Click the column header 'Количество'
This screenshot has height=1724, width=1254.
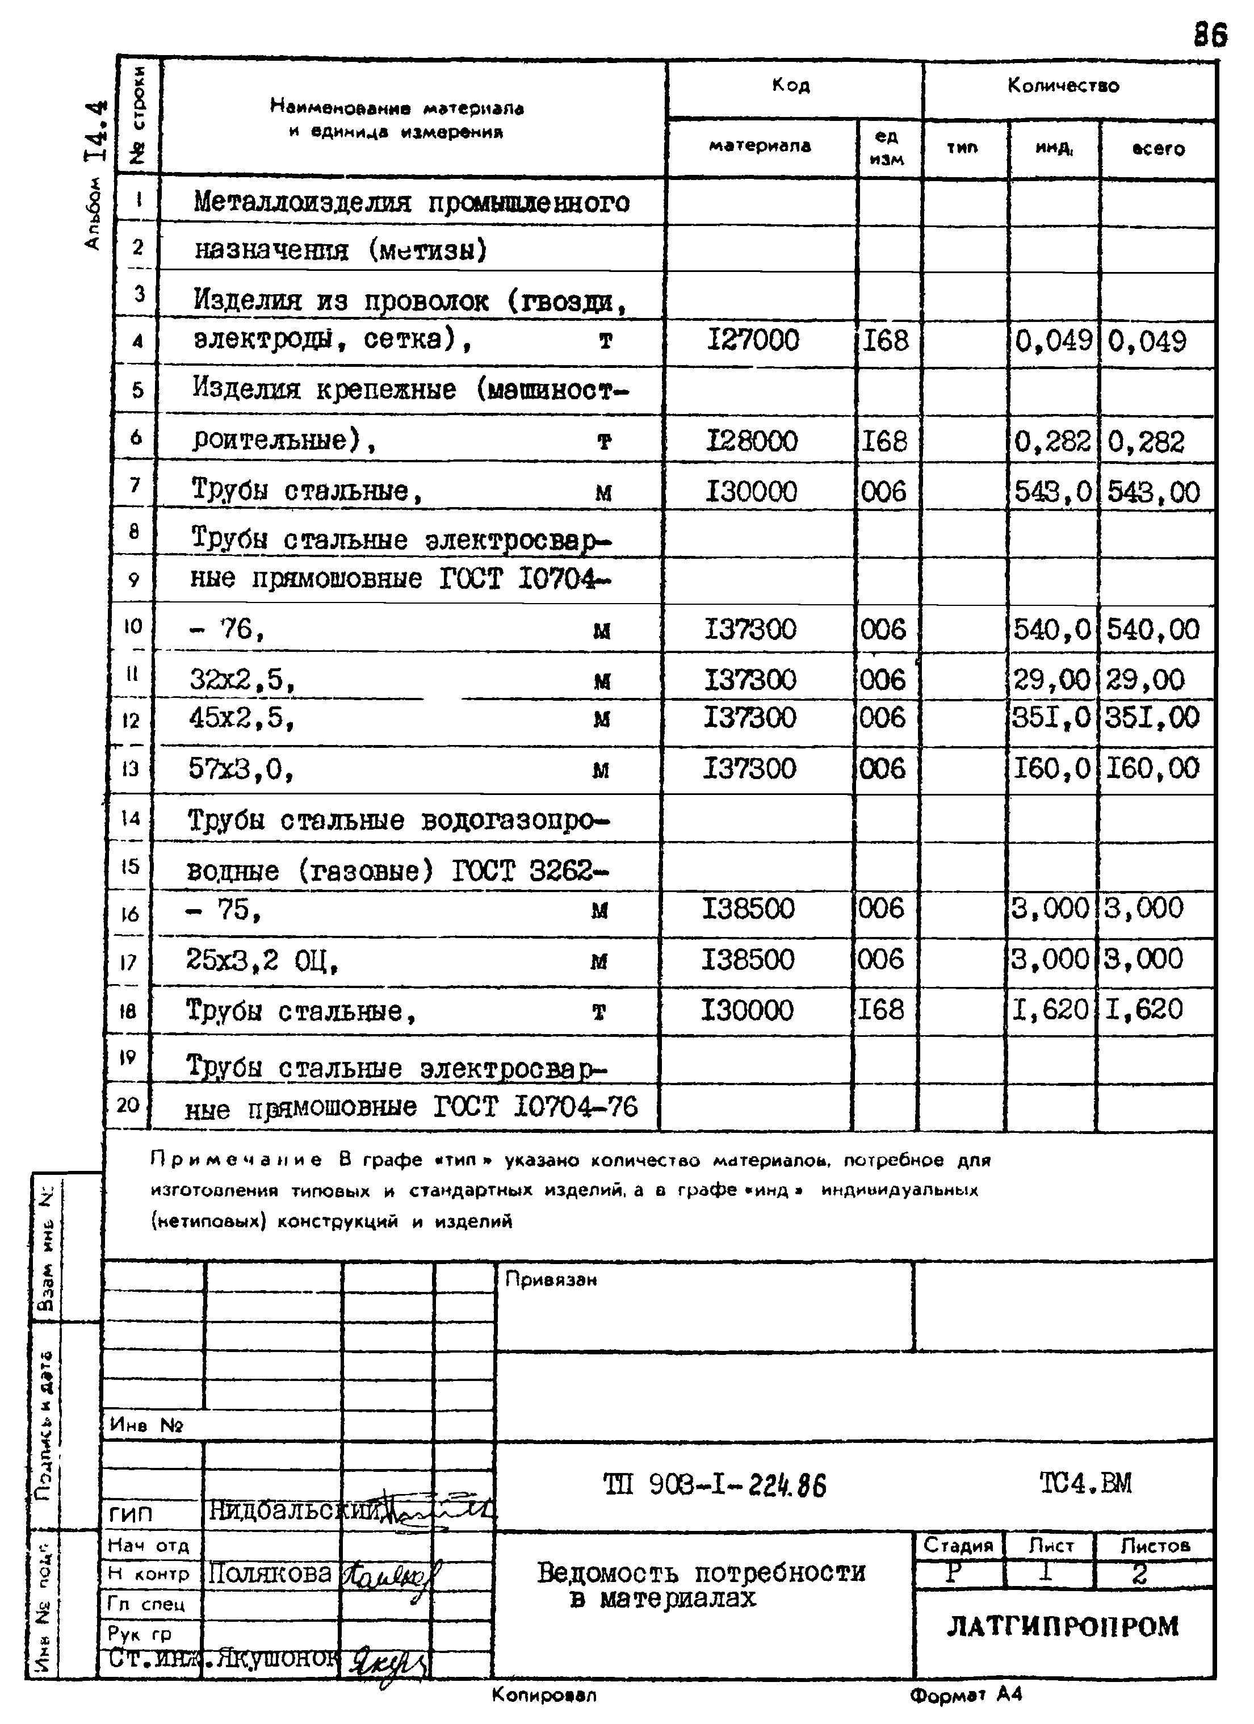pyautogui.click(x=1063, y=86)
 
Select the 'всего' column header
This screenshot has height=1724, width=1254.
pyautogui.click(x=1157, y=149)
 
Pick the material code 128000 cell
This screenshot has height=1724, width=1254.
pyautogui.click(x=752, y=441)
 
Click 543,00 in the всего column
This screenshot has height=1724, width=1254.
pyautogui.click(x=1153, y=492)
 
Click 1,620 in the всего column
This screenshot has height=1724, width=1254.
pyautogui.click(x=1144, y=1010)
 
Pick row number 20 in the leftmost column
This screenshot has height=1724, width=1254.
pyautogui.click(x=128, y=1104)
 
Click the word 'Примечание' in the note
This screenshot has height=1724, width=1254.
pyautogui.click(x=236, y=1161)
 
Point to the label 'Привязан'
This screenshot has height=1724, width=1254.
pyautogui.click(x=551, y=1280)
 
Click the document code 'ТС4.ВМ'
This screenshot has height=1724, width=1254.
pyautogui.click(x=1085, y=1483)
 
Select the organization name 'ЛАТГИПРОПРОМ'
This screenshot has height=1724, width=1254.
pyautogui.click(x=1063, y=1627)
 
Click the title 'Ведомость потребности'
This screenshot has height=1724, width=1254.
pyautogui.click(x=701, y=1571)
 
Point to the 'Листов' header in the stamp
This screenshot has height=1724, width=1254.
pyautogui.click(x=1155, y=1545)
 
